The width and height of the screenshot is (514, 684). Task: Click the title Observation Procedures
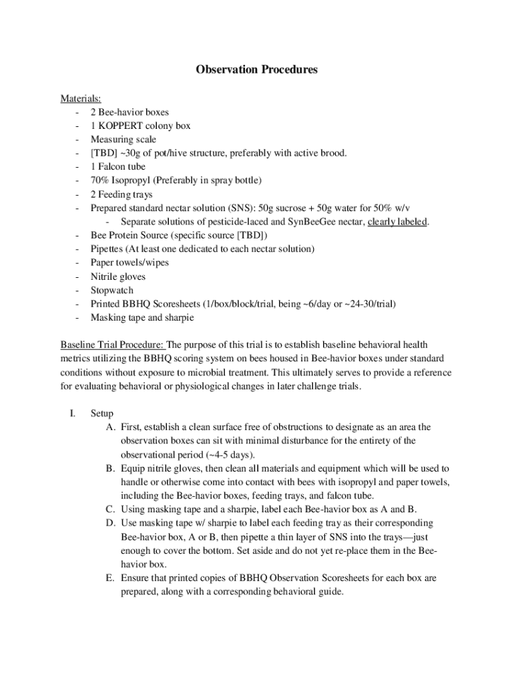coord(256,69)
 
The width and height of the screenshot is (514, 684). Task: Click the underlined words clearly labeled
coord(398,222)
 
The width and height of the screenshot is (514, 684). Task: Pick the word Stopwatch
coord(112,291)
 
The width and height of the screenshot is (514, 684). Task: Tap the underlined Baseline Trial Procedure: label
coord(112,345)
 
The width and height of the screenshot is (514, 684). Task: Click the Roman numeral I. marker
coord(72,413)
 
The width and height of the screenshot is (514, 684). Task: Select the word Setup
coord(103,413)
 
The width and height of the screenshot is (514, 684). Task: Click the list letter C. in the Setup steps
coord(110,509)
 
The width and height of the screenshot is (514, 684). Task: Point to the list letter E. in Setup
coord(110,577)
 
